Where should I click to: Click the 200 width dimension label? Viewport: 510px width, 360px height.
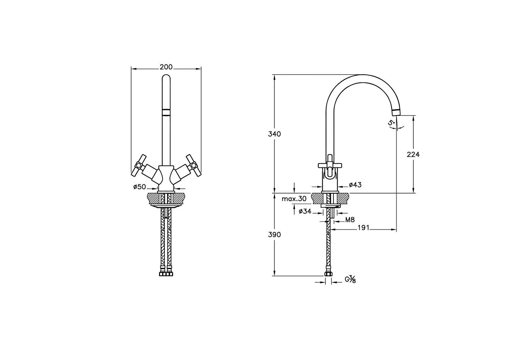[x=166, y=67]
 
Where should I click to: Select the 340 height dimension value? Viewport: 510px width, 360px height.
[x=274, y=134]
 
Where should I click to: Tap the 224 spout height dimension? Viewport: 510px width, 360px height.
[x=413, y=154]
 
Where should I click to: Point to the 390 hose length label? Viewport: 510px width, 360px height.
[x=274, y=234]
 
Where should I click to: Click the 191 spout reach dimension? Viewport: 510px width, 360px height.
[x=364, y=228]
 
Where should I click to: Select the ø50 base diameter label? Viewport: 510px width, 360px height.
[x=140, y=187]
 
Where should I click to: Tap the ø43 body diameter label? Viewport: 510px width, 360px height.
[x=355, y=185]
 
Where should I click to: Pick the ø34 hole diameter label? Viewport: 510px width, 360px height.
[x=305, y=211]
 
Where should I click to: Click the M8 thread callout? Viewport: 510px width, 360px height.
[x=350, y=220]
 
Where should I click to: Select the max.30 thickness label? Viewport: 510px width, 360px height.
[x=294, y=199]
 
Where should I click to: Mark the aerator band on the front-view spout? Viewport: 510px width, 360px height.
[x=166, y=112]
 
